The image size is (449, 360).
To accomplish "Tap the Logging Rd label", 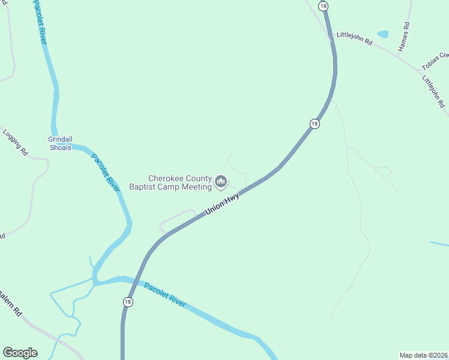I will [16, 142].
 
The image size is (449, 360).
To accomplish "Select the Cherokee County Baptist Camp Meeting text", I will [171, 182].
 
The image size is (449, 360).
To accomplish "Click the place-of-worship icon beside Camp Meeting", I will [221, 181].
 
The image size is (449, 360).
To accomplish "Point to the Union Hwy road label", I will [222, 203].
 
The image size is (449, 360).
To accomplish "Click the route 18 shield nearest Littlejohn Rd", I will [324, 6].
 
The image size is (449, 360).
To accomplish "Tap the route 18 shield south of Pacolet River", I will [128, 302].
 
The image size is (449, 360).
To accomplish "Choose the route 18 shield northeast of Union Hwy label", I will [315, 124].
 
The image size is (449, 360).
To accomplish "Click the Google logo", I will [20, 353].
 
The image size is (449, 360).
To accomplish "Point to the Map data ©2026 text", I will [423, 355].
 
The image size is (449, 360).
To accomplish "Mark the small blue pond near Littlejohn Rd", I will [382, 34].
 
